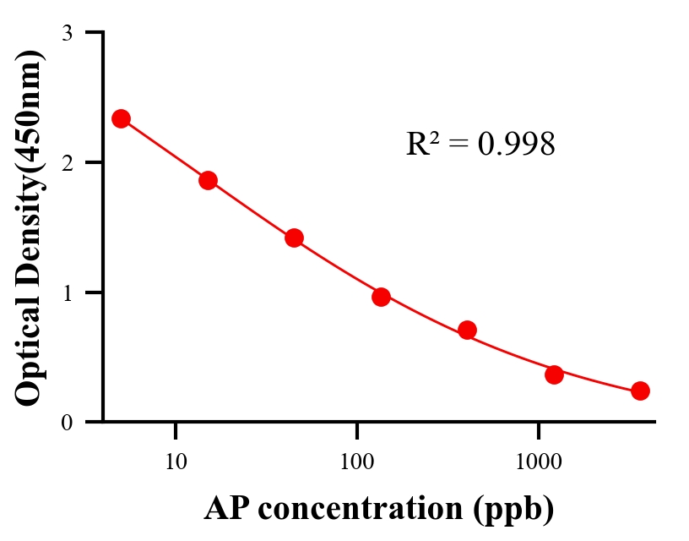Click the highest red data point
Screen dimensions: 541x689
pyautogui.click(x=121, y=118)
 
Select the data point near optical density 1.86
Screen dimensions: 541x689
pyautogui.click(x=208, y=180)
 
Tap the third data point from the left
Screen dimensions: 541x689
pyautogui.click(x=294, y=238)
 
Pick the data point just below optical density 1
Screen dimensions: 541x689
pyautogui.click(x=381, y=297)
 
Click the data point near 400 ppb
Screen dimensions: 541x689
pyautogui.click(x=467, y=330)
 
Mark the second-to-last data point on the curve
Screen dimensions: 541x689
pyautogui.click(x=554, y=374)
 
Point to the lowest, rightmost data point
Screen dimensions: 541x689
pyautogui.click(x=640, y=391)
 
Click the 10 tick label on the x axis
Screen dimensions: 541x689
pyautogui.click(x=176, y=462)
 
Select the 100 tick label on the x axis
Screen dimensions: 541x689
pyautogui.click(x=357, y=462)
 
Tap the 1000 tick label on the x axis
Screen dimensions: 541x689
pyautogui.click(x=539, y=462)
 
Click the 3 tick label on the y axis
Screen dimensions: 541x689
pyautogui.click(x=67, y=33)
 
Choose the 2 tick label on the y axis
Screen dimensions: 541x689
pyautogui.click(x=67, y=162)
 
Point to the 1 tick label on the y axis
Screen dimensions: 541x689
pyautogui.click(x=67, y=292)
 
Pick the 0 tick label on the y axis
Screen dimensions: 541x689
pyautogui.click(x=67, y=422)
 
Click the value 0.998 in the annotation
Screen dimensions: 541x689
pyautogui.click(x=516, y=145)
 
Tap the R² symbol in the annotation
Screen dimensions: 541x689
pyautogui.click(x=422, y=144)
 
